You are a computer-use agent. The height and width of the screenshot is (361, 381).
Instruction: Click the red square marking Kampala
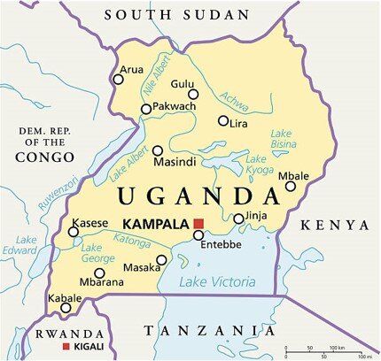click(199, 222)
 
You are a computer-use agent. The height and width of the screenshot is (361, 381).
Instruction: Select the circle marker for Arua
click(118, 79)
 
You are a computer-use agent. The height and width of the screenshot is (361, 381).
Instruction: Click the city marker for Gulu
click(193, 94)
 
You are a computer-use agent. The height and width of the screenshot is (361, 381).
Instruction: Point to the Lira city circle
click(223, 121)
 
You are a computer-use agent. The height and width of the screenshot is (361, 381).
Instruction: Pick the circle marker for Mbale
click(291, 186)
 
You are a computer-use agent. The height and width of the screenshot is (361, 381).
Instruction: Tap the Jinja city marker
click(238, 219)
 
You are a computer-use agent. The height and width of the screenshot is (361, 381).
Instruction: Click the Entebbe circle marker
click(198, 235)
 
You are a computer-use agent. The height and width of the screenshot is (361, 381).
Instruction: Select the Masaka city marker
click(161, 260)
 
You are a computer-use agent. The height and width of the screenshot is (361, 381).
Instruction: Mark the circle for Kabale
click(66, 307)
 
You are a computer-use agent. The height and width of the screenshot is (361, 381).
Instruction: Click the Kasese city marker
click(74, 232)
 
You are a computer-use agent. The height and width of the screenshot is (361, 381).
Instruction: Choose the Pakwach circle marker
click(146, 109)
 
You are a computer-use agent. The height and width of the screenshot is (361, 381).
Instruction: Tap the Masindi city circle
click(158, 150)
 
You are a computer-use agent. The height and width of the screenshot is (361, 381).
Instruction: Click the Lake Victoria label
click(217, 282)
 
